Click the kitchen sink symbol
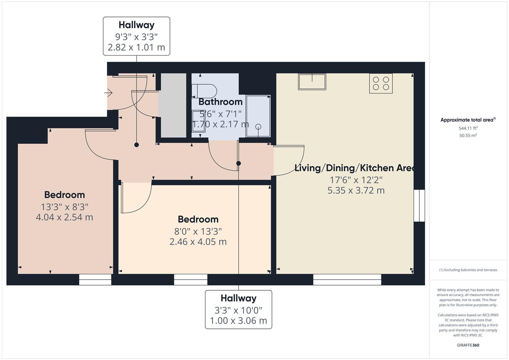click(x=312, y=82)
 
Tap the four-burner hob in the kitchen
click(x=381, y=83)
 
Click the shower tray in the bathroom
click(x=258, y=116)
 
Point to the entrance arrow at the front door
click(x=109, y=93)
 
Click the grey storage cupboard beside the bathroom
click(x=173, y=105)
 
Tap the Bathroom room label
click(x=220, y=102)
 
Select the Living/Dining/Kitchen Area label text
click(x=354, y=168)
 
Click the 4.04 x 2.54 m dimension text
click(x=64, y=217)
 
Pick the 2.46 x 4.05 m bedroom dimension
click(x=198, y=242)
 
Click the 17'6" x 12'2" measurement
click(x=356, y=180)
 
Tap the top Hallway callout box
click(x=136, y=36)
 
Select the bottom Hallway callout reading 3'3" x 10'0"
click(x=238, y=310)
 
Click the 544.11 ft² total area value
click(x=468, y=128)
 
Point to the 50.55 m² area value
click(x=468, y=135)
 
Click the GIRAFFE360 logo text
click(x=468, y=345)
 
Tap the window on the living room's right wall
click(x=419, y=206)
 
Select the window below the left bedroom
click(x=95, y=280)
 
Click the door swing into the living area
click(x=289, y=160)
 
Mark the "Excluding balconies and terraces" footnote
click(x=468, y=270)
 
